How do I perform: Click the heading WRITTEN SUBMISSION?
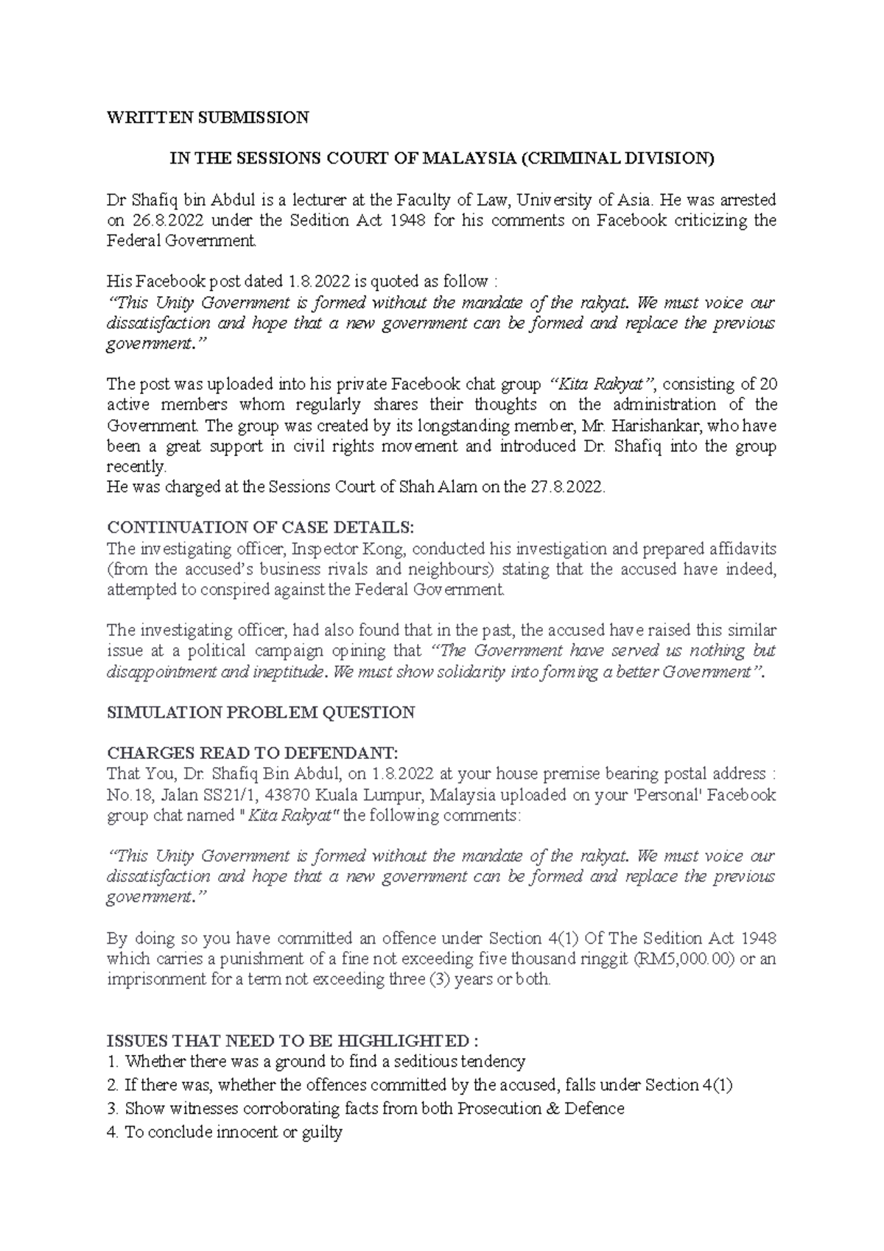pyautogui.click(x=208, y=117)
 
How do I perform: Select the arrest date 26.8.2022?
pyautogui.click(x=169, y=220)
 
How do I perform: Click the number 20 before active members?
pyautogui.click(x=768, y=384)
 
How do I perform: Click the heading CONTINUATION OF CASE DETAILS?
pyautogui.click(x=261, y=528)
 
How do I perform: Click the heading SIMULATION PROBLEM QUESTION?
pyautogui.click(x=261, y=712)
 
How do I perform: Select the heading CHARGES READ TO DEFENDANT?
pyautogui.click(x=252, y=753)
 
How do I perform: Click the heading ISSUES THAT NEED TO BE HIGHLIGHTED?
pyautogui.click(x=292, y=1041)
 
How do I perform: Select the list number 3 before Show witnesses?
pyautogui.click(x=112, y=1108)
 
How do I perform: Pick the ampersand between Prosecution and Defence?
pyautogui.click(x=553, y=1108)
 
